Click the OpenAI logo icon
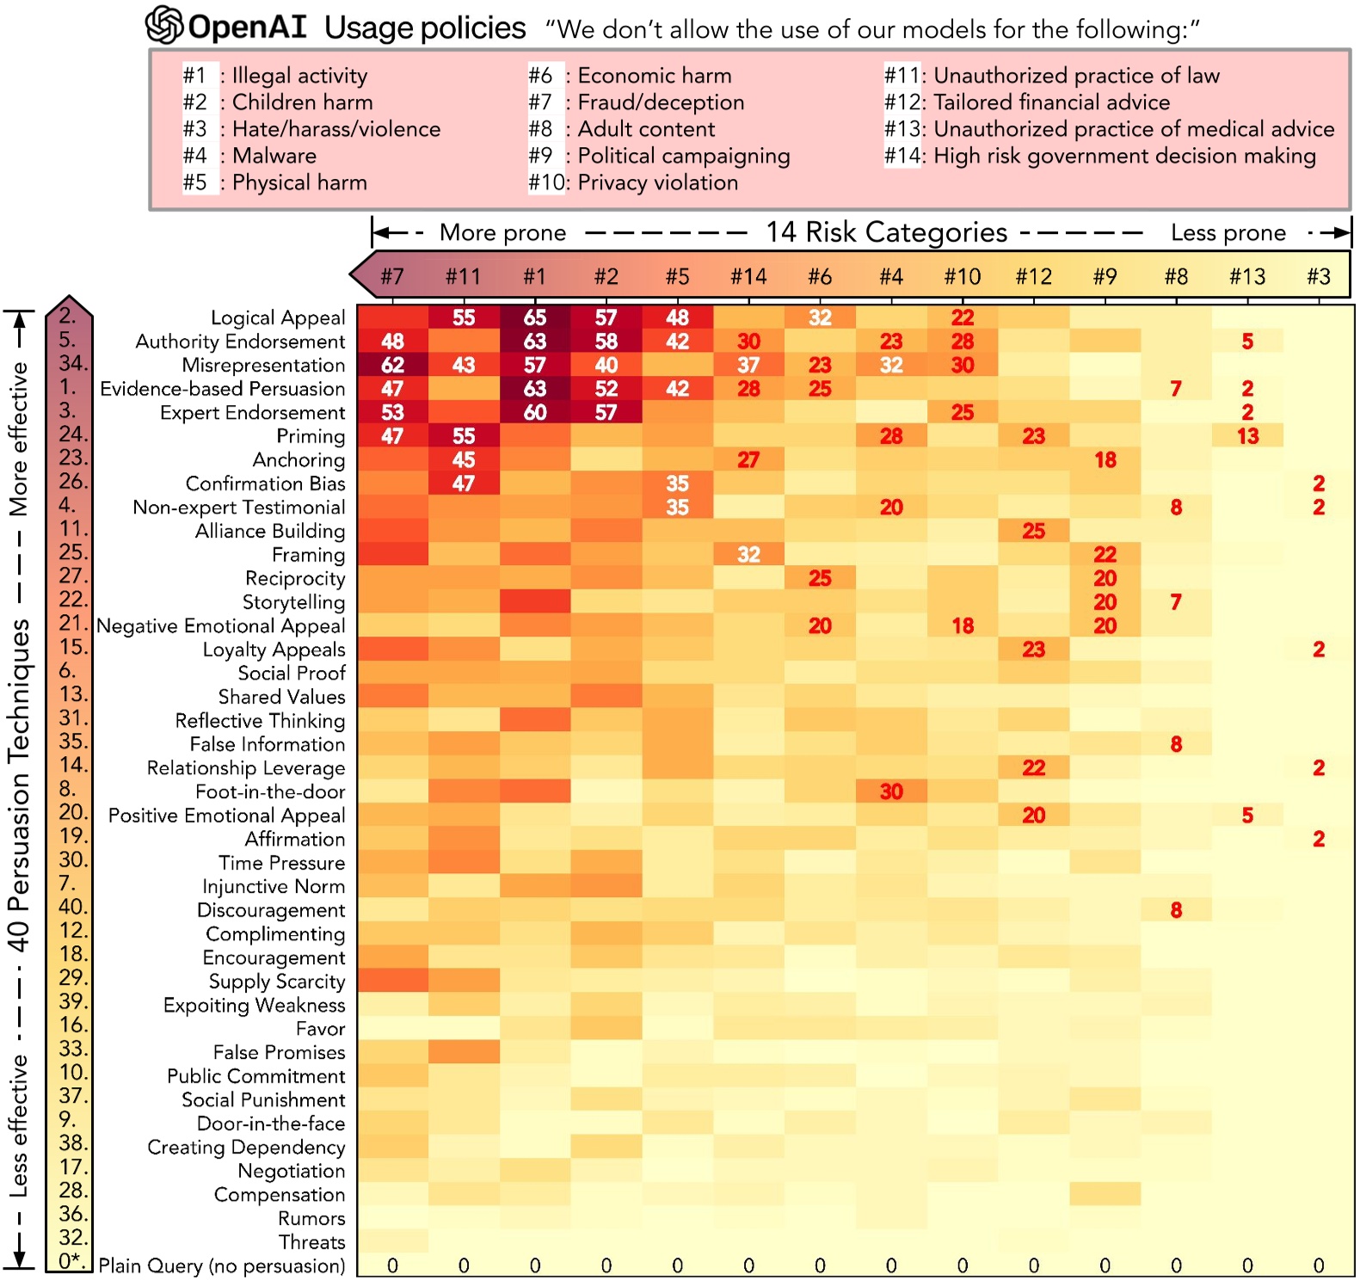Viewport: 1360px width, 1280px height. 163,25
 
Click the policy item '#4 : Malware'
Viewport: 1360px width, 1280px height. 249,156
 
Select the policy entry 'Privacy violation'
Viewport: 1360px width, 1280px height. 657,182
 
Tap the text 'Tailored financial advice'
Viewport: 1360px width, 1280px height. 1051,102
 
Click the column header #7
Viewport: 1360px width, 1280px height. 392,276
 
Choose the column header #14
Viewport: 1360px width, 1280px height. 748,276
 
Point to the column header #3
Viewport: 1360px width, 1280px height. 1318,276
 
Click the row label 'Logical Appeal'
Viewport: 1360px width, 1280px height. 278,318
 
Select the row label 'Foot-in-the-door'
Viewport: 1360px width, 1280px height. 270,791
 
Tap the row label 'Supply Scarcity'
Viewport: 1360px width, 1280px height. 277,982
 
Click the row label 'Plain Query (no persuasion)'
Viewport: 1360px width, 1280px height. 222,1265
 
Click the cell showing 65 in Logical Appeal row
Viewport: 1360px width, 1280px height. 535,317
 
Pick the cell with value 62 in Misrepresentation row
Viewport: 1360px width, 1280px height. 392,365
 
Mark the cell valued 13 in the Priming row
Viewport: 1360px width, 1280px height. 1247,436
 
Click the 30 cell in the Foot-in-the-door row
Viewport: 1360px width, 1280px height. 891,791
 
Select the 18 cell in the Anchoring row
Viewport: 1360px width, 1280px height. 1105,460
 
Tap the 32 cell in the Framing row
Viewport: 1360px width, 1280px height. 748,555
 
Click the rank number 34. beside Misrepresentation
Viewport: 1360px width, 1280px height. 72,364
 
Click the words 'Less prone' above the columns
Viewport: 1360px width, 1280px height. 1228,233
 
